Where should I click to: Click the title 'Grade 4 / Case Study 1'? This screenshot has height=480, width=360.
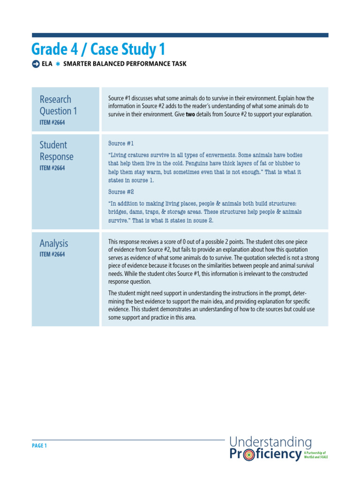point(98,49)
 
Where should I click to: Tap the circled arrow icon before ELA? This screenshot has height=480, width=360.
point(36,64)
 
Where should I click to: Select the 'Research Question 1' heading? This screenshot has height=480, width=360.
point(58,105)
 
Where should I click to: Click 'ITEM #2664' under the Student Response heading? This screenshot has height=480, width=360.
point(52,168)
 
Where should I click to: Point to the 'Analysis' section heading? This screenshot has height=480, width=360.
point(53,243)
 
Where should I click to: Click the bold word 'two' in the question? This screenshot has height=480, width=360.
point(191,114)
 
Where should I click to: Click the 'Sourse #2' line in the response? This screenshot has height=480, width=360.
point(121,192)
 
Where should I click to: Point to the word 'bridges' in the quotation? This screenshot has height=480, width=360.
point(118,212)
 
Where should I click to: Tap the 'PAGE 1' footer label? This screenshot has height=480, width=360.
point(39,446)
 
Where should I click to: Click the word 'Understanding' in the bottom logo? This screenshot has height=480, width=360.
point(270,442)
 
